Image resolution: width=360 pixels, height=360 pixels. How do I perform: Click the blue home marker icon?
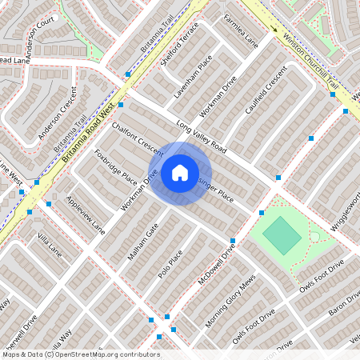pos(179,173)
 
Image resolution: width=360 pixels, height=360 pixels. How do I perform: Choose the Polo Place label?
pos(170,264)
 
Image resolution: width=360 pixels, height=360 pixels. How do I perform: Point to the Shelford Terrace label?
pos(179,54)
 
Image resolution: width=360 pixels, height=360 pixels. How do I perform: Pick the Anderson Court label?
pos(40,37)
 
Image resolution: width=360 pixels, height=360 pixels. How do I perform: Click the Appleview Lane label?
pos(86,214)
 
